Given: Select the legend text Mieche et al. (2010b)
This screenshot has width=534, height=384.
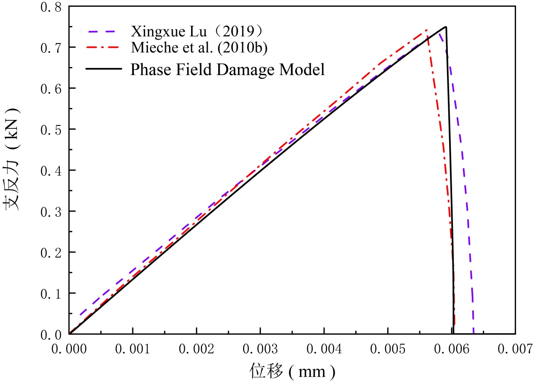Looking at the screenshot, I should [199, 49].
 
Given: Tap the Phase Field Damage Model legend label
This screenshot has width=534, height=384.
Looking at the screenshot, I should [227, 69].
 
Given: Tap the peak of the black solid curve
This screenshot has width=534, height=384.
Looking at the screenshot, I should [446, 27].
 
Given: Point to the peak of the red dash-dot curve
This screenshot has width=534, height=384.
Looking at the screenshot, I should [427, 30].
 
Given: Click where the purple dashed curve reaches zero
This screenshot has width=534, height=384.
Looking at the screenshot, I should [474, 333].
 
